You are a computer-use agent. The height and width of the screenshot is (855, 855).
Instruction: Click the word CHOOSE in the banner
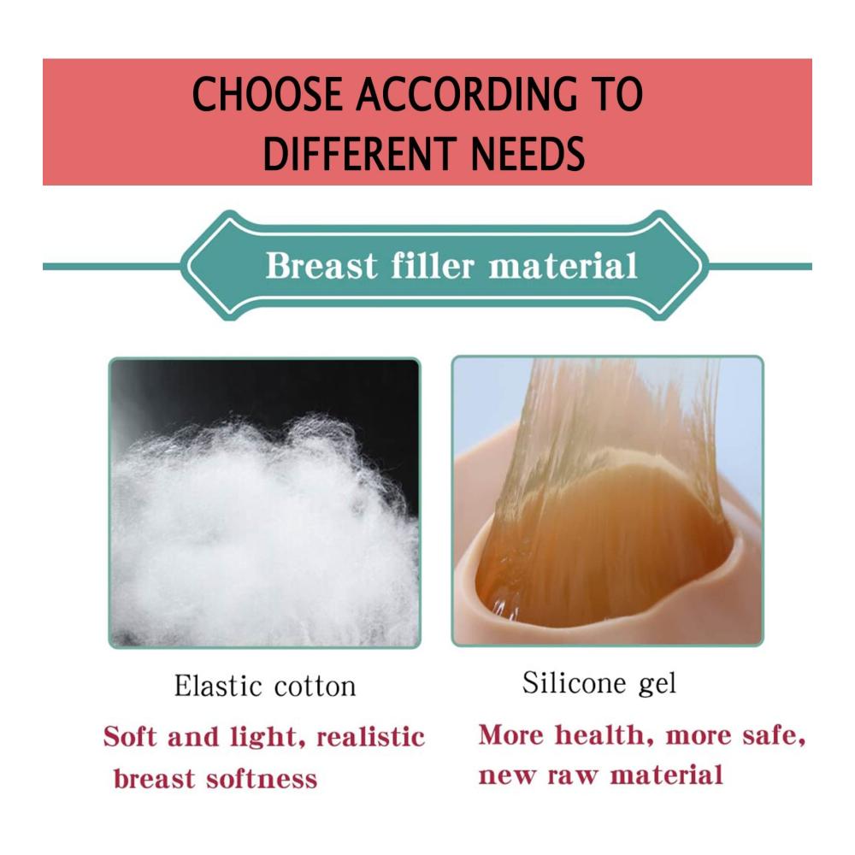(268, 94)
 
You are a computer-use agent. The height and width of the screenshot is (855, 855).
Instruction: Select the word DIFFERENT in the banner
(359, 154)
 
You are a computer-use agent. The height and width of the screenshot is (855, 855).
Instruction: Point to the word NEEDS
(528, 154)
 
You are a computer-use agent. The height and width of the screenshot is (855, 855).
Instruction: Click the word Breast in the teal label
(321, 266)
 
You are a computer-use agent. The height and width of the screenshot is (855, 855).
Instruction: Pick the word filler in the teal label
(433, 265)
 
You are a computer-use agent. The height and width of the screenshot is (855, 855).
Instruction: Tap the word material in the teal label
(563, 266)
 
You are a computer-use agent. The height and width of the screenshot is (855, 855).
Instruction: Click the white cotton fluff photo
(264, 503)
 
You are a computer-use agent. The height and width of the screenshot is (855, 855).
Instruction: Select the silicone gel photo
(607, 500)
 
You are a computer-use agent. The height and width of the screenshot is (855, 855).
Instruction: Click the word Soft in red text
(131, 737)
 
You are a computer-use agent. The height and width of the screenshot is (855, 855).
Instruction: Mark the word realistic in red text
(370, 737)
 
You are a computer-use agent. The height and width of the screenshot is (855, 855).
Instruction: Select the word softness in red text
(261, 778)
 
